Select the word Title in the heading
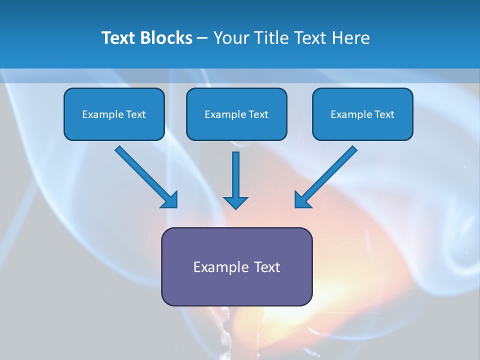(270, 38)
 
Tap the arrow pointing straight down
(235, 175)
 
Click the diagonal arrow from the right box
(330, 172)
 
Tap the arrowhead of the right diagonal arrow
(302, 200)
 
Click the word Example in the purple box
(217, 267)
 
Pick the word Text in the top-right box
(384, 114)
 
